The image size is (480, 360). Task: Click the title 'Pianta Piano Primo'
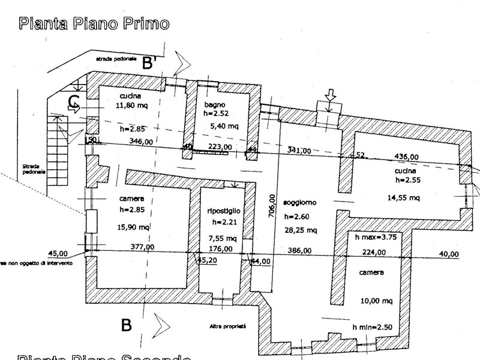point(94,23)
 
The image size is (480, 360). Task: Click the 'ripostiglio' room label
point(224,211)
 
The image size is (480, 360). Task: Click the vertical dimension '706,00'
point(272,208)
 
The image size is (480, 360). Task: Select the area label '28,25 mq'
point(302,230)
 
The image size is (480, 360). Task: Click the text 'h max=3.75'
point(376,236)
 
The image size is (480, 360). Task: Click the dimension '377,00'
point(142,247)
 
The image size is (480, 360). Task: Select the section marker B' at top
point(150,63)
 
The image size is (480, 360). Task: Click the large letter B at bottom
point(126,325)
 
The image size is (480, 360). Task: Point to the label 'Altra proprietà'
point(229,326)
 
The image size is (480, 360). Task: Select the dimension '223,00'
point(219,147)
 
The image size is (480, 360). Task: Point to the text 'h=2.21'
point(224,223)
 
